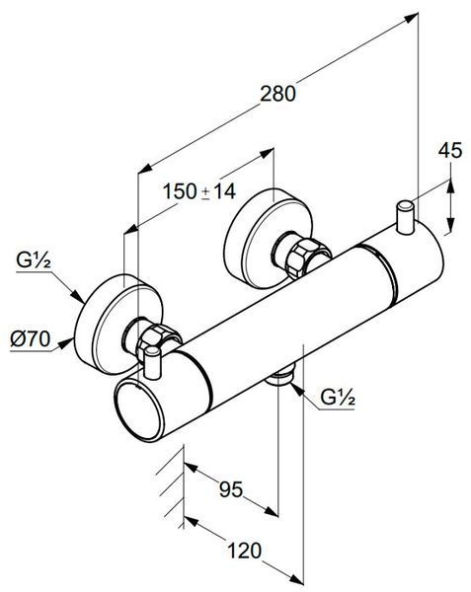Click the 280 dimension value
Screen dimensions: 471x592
[277, 94]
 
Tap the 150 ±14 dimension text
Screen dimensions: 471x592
[199, 191]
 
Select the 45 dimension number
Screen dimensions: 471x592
[450, 150]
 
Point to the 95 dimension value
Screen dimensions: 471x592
[231, 489]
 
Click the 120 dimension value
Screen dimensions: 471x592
[244, 551]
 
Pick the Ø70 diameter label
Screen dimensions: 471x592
[31, 338]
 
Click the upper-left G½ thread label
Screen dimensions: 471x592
[34, 259]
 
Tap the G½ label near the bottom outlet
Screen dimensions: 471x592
[338, 397]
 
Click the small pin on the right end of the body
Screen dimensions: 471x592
[405, 218]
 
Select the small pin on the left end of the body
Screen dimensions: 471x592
[153, 362]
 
